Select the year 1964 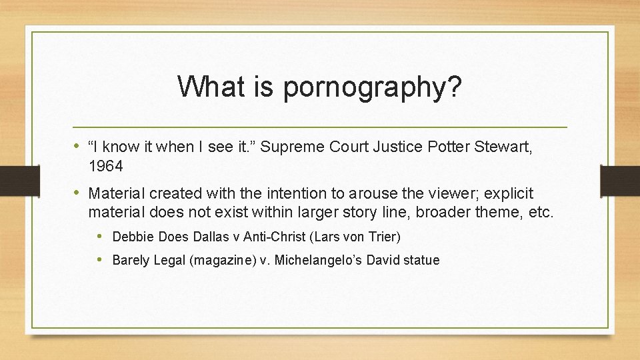[105, 165]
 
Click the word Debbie [131, 237]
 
